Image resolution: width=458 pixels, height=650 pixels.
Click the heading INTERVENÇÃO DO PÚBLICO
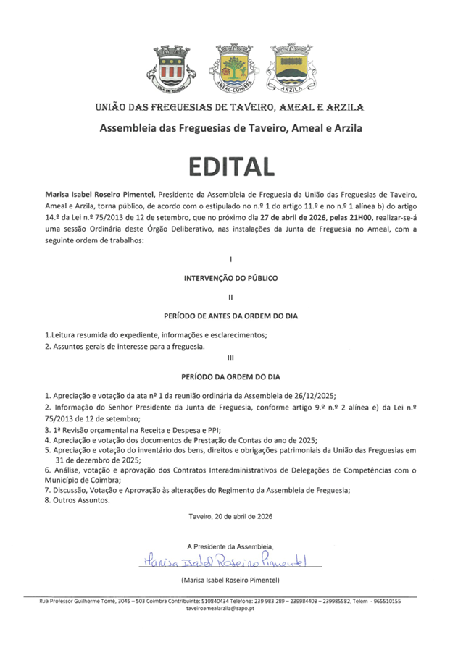point(230,277)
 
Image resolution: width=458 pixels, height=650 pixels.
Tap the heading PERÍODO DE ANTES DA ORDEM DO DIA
point(230,316)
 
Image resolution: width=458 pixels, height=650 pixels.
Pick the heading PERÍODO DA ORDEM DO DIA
point(230,376)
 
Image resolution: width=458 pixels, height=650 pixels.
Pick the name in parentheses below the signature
point(230,580)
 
